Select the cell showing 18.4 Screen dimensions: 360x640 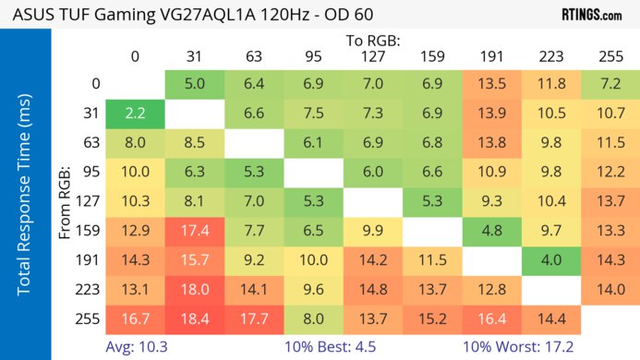194,319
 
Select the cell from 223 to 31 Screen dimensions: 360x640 194,290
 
